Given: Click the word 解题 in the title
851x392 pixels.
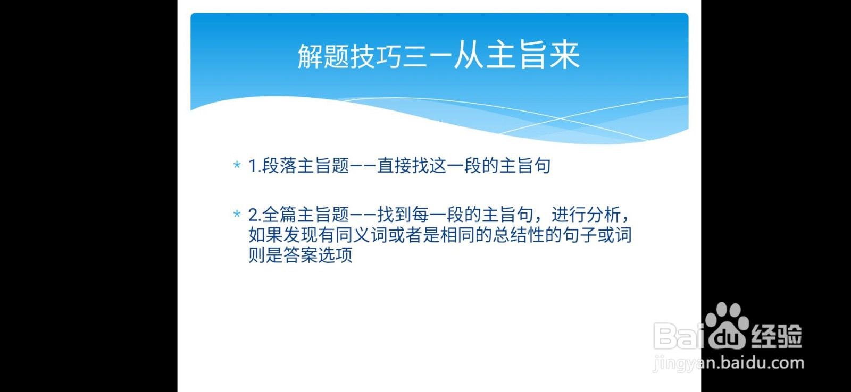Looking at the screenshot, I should click(323, 56).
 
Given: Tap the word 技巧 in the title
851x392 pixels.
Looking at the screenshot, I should click(375, 56).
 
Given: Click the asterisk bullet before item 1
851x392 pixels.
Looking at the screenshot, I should click(237, 166).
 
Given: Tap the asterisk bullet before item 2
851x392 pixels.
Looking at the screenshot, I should click(237, 215).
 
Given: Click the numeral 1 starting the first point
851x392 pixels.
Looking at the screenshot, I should click(253, 166).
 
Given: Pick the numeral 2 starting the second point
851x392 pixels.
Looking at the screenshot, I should click(253, 215).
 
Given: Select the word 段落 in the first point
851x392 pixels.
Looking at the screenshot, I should click(279, 166).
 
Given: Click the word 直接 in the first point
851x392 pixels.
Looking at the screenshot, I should click(394, 166).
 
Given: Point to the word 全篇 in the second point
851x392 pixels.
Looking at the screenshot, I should click(279, 215).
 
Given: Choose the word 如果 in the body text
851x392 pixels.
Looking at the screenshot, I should click(266, 235).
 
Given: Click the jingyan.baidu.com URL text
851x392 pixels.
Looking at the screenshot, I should click(729, 363).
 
